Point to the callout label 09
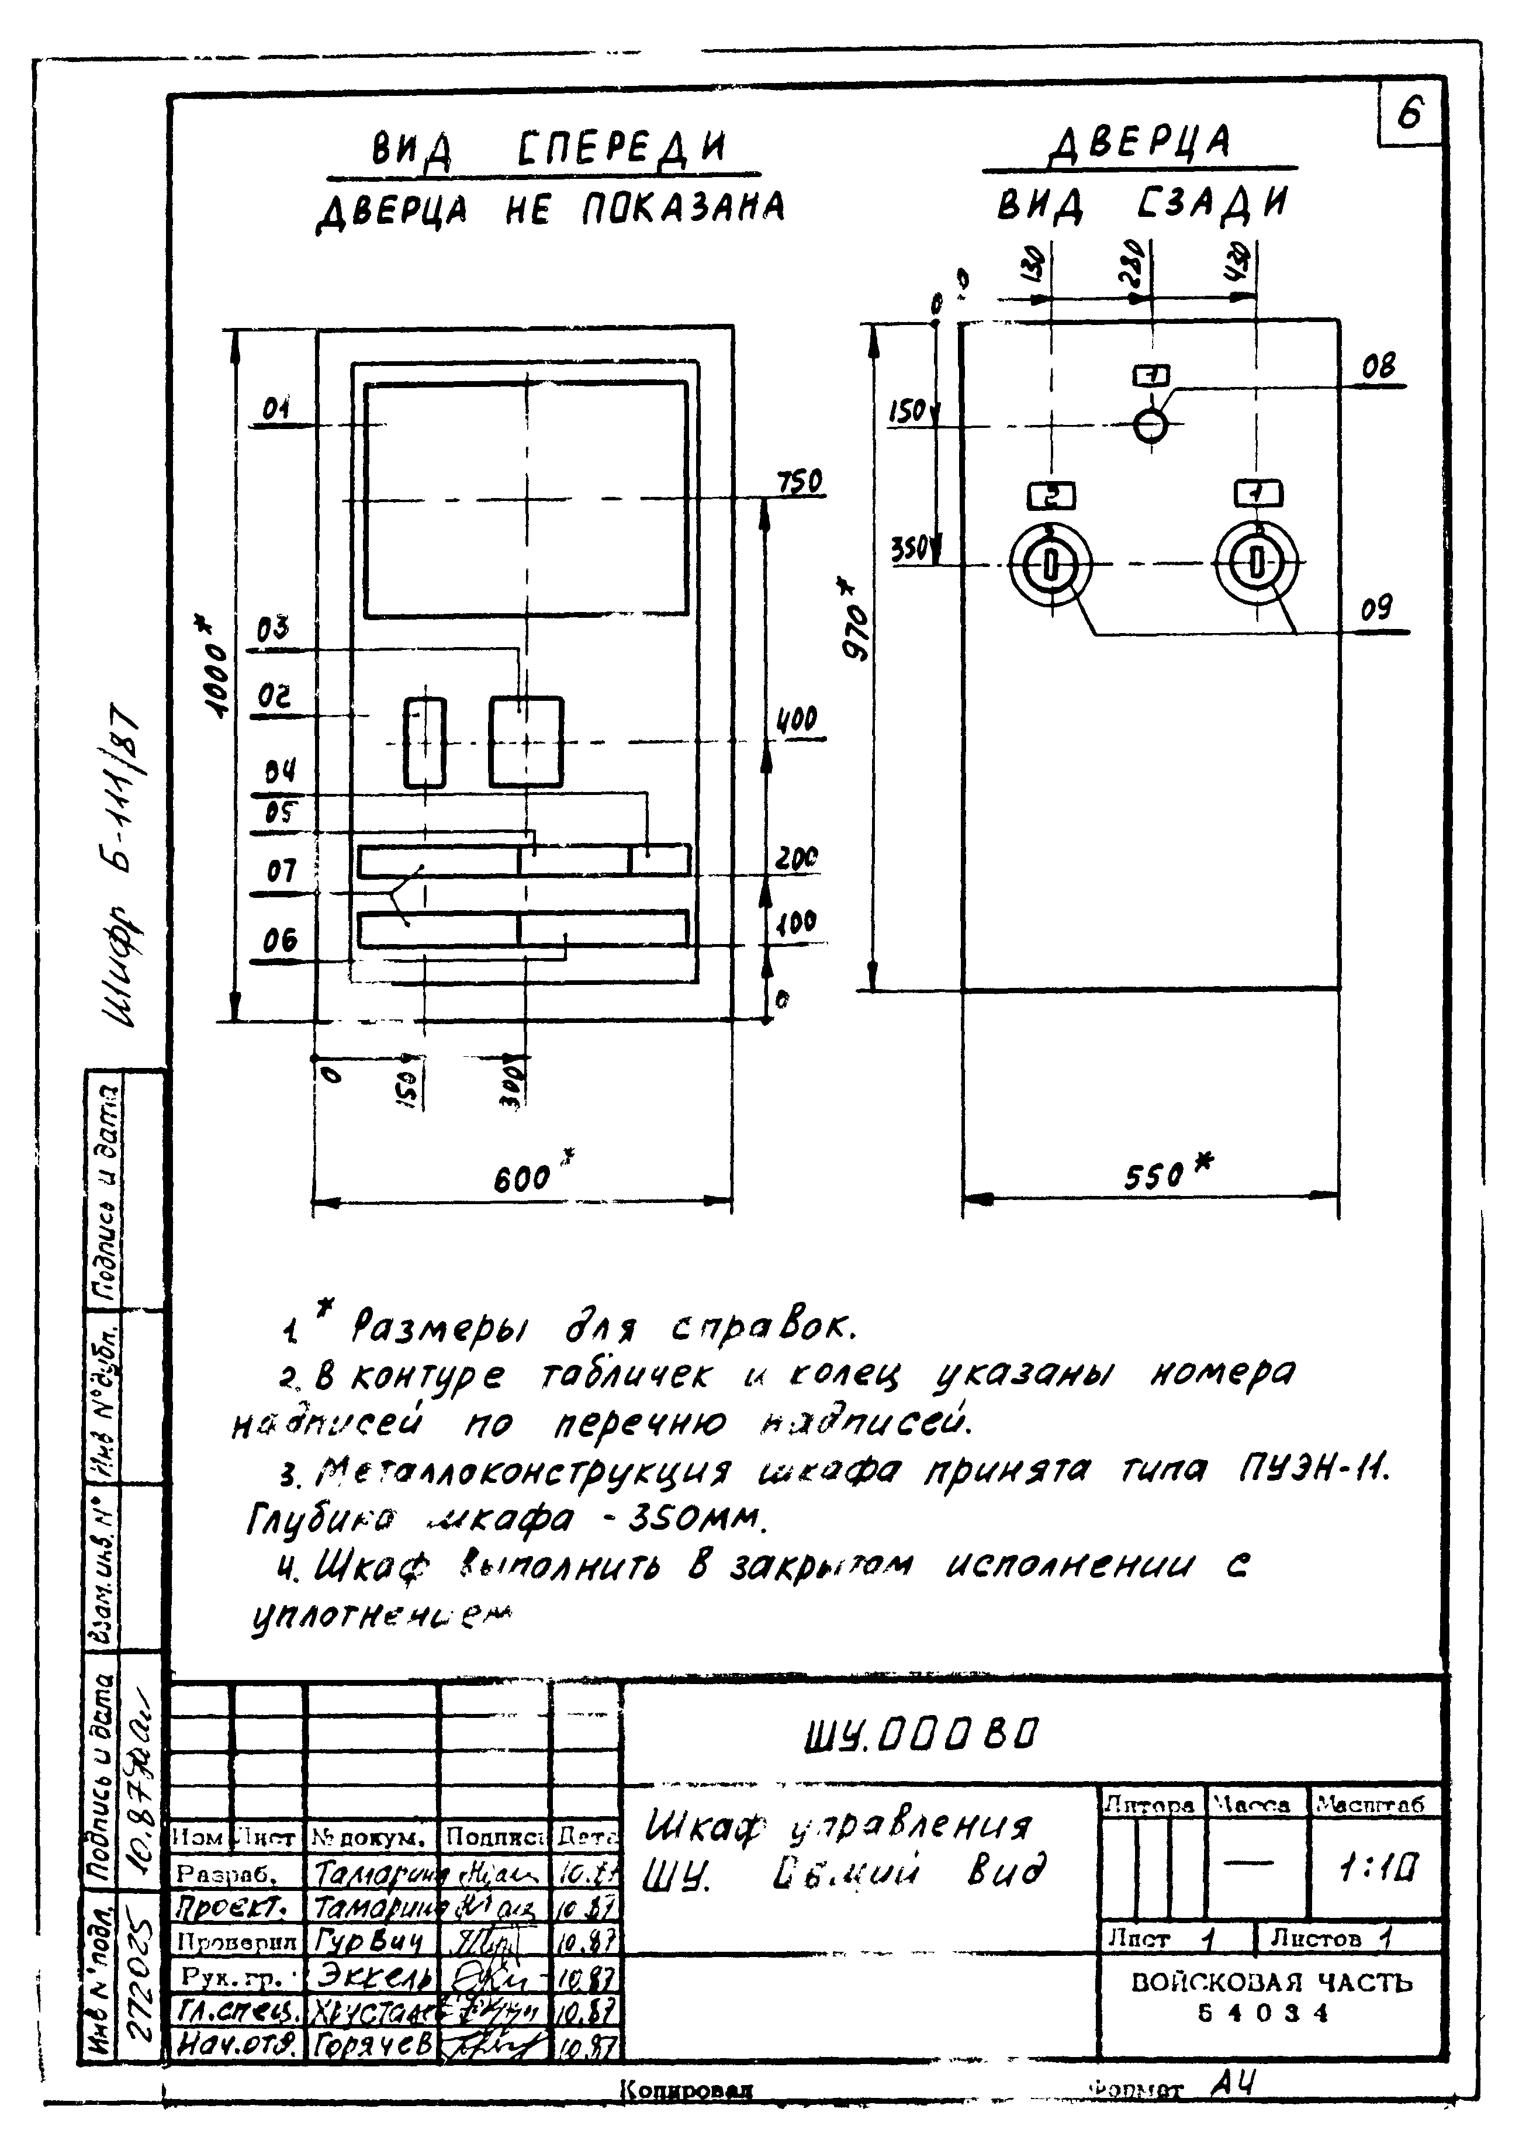(1376, 609)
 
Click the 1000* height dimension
(216, 666)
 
